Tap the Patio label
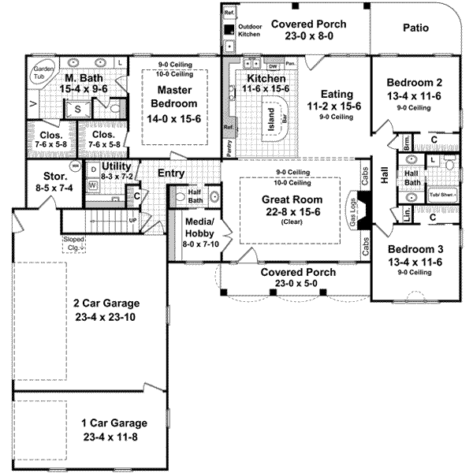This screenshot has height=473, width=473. tap(415, 28)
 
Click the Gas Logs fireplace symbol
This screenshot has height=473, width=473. tap(365, 210)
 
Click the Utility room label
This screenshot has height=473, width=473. tap(116, 167)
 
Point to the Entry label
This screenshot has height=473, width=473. tap(172, 173)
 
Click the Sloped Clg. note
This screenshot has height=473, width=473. tap(76, 242)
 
